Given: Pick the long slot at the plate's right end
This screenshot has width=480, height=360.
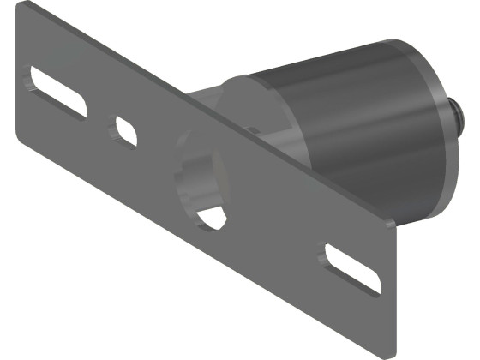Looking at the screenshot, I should tap(351, 267).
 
